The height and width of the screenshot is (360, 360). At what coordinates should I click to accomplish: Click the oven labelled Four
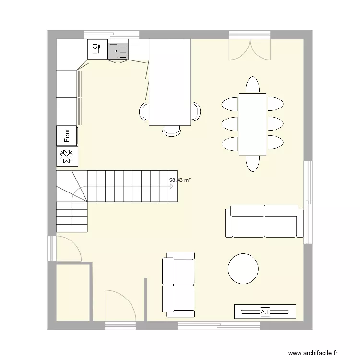(67, 135)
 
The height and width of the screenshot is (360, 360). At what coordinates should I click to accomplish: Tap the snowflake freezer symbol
(67, 156)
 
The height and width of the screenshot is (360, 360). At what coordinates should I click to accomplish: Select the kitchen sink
(118, 50)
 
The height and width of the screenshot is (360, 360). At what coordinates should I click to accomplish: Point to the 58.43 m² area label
(180, 180)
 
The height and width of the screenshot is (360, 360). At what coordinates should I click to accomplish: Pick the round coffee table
(243, 269)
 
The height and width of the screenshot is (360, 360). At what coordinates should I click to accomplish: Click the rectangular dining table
(252, 124)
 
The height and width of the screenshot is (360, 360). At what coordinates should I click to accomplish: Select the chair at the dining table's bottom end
(252, 163)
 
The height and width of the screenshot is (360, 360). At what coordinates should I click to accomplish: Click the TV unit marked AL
(265, 312)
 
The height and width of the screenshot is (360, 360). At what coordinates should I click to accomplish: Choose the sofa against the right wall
(264, 221)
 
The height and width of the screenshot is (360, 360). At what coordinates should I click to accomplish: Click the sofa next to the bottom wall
(179, 285)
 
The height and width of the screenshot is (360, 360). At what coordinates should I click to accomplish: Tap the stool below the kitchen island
(171, 131)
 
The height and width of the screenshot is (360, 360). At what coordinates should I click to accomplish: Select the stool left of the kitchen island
(144, 112)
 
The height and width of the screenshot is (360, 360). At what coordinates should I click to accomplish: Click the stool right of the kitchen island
(196, 112)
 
